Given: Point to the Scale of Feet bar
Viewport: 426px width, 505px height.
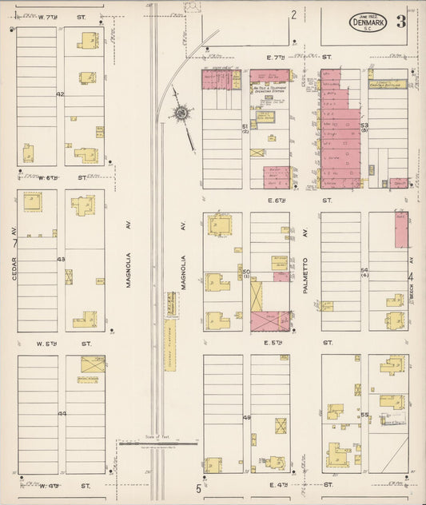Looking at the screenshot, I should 157,442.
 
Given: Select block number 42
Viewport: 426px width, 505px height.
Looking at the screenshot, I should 60,94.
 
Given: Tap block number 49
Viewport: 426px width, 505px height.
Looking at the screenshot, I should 246,418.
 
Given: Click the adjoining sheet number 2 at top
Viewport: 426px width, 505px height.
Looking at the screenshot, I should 293,14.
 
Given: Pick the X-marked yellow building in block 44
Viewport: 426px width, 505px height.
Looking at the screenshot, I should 93,364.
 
